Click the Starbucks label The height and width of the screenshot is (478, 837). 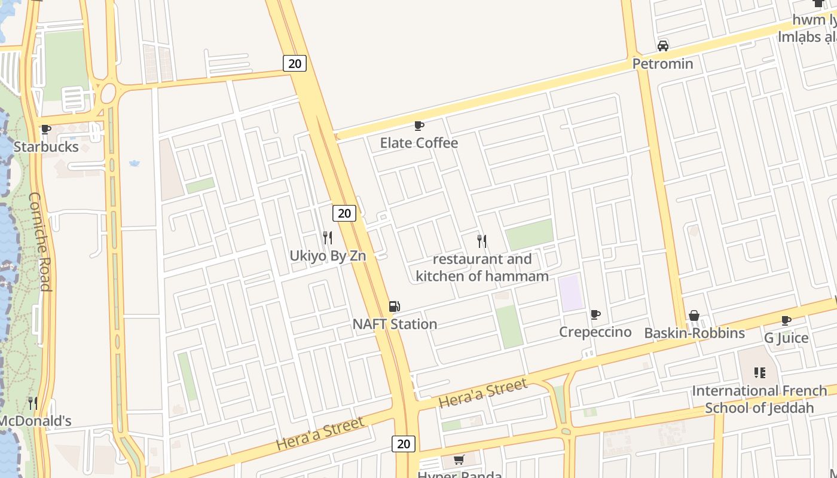pos(46,147)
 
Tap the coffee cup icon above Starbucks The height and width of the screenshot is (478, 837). pos(45,129)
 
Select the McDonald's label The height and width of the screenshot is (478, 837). pos(35,421)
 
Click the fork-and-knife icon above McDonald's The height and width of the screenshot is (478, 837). pos(33,403)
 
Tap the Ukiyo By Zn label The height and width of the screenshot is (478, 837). pos(328,256)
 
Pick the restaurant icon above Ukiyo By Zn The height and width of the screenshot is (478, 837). pos(328,238)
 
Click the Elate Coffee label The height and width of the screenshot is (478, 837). pos(419,143)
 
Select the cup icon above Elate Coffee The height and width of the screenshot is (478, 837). pos(419,125)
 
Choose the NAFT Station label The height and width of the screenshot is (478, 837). pos(395,324)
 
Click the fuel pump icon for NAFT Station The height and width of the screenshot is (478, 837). pos(394,307)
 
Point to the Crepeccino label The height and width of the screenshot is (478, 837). pos(595,332)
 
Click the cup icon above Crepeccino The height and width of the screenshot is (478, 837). pos(595,314)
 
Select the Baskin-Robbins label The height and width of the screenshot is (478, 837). pos(694,333)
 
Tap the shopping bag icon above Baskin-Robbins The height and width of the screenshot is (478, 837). pos(694,315)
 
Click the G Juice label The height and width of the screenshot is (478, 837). pos(786,338)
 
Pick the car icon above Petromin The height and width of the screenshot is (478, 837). pos(662,46)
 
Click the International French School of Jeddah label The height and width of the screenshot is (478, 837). pos(759,399)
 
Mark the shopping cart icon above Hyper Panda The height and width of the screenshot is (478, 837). pos(459,459)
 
